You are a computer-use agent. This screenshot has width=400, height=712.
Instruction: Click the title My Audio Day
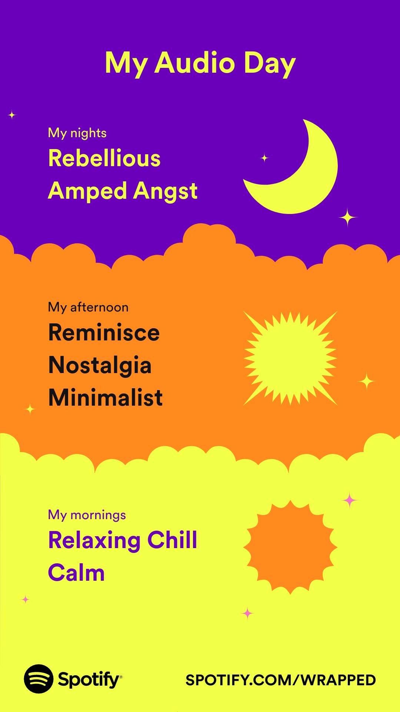click(x=200, y=64)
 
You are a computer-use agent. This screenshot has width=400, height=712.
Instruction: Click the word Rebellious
click(x=104, y=158)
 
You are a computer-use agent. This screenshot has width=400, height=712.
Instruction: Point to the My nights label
click(x=77, y=133)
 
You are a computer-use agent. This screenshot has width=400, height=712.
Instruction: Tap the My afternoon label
click(x=88, y=307)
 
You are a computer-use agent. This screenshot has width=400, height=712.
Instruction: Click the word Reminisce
click(x=104, y=332)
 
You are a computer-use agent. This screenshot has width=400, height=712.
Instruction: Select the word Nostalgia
click(x=100, y=366)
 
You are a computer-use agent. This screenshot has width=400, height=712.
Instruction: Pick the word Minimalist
click(x=106, y=398)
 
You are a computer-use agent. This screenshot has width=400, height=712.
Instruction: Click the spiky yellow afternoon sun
click(x=290, y=358)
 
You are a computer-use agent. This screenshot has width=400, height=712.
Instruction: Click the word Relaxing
click(x=95, y=541)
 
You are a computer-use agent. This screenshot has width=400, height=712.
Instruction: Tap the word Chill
click(x=172, y=540)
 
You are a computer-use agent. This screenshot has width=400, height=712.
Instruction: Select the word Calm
click(x=77, y=573)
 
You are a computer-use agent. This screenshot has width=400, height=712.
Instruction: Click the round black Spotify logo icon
click(x=39, y=679)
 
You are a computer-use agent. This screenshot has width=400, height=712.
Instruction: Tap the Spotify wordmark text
click(x=89, y=680)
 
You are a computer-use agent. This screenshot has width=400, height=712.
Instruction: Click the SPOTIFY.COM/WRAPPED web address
click(x=281, y=680)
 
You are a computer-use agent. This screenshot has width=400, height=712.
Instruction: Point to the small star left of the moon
click(x=264, y=158)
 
